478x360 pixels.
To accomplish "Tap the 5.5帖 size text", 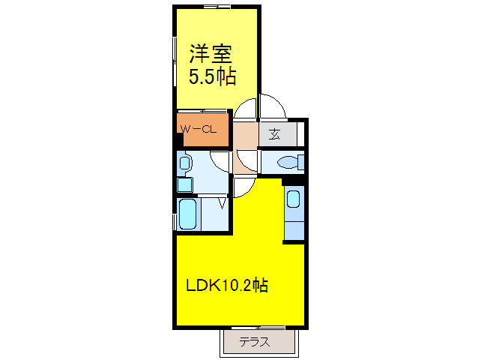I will click(x=211, y=76).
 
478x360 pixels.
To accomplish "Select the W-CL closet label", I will click(x=199, y=129).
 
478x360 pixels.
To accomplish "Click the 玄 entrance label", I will click(x=274, y=135).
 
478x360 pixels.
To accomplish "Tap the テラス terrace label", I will click(x=255, y=343).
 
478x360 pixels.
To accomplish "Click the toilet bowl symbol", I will click(x=288, y=162).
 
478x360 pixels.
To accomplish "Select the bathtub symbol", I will click(x=187, y=213).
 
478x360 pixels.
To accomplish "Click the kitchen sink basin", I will click(x=294, y=199).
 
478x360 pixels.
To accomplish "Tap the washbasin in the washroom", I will click(x=185, y=162).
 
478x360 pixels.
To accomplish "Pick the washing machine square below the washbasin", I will click(x=184, y=184).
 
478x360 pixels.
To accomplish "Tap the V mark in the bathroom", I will click(x=223, y=202).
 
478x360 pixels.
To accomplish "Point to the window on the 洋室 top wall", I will click(x=217, y=7).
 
